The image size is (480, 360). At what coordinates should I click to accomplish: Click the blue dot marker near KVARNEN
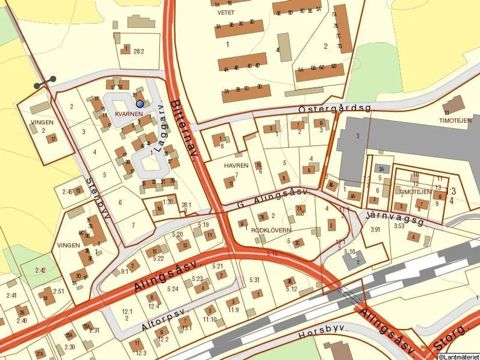[x=140, y=104]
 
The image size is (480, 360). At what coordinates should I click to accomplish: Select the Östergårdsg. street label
[x=326, y=108]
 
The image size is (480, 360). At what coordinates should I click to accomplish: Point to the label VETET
[x=226, y=12]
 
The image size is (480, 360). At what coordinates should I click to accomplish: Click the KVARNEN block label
[x=129, y=113]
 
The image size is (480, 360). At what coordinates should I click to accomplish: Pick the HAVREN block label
[x=236, y=166]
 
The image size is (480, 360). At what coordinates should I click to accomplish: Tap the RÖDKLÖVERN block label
[x=271, y=230]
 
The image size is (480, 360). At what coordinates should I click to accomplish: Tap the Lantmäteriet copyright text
[x=458, y=356]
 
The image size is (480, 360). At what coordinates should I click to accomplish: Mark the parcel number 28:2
[x=138, y=51]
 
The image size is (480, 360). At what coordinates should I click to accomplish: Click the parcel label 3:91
[x=375, y=229]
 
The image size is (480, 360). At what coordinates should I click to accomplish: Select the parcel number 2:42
[x=40, y=270]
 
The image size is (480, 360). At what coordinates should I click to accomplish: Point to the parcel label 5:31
[x=254, y=280]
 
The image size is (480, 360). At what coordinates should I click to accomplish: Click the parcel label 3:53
[x=399, y=226]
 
